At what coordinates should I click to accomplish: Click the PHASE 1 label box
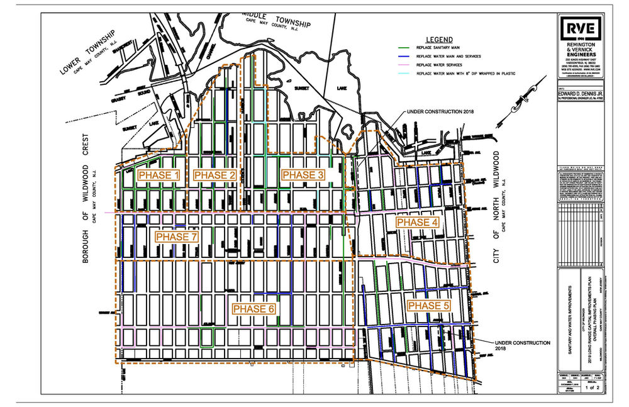point(159,175)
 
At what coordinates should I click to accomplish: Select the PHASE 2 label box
point(214,175)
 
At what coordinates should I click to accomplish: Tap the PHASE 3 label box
point(303,175)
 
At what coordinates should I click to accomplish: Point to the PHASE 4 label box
point(416,222)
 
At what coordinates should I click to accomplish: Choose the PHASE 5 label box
point(428,306)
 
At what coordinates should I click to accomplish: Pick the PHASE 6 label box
point(253,309)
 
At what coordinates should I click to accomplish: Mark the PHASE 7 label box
point(177,237)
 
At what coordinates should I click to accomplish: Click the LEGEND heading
point(439,38)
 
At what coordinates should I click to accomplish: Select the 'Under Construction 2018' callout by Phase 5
point(522,345)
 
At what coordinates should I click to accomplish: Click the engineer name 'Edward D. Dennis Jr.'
point(582,92)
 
